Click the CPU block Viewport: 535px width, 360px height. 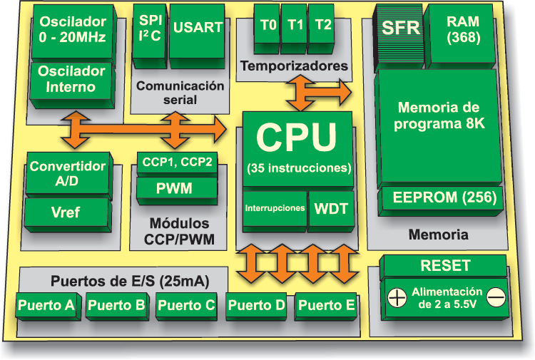pyautogui.click(x=296, y=146)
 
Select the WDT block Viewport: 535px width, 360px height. pyautogui.click(x=331, y=209)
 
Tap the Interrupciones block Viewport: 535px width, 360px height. pyautogui.click(x=275, y=209)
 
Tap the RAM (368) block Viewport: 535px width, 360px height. pyautogui.click(x=463, y=29)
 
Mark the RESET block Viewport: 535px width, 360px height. pyautogui.click(x=445, y=266)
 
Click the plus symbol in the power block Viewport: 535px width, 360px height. pyautogui.click(x=395, y=294)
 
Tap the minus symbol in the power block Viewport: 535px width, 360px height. pyautogui.click(x=496, y=294)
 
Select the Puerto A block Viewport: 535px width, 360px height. pyautogui.click(x=46, y=306)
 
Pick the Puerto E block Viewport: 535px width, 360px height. pyautogui.click(x=326, y=306)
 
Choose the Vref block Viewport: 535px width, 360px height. pyautogui.click(x=68, y=212)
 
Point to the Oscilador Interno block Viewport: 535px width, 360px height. pyautogui.click(x=71, y=79)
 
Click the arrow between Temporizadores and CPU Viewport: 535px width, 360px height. pyautogui.click(x=318, y=91)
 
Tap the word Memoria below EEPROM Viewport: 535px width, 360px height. pyautogui.click(x=438, y=234)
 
